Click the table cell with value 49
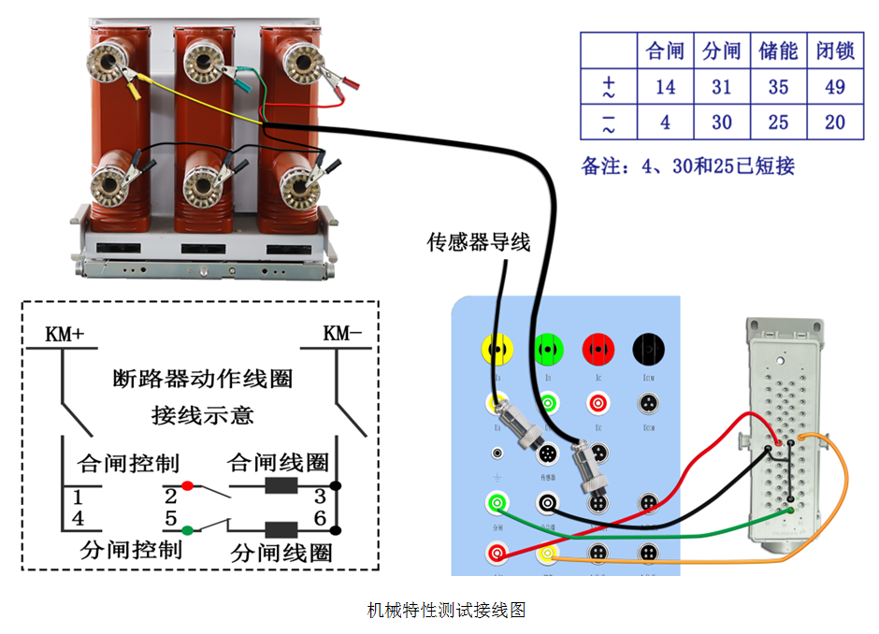835,87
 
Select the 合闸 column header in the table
665,50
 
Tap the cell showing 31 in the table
721,87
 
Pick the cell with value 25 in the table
778,122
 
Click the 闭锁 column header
835,50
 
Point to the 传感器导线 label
479,243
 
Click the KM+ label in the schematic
65,334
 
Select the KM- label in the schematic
342,334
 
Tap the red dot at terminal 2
187,486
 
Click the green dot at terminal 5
187,530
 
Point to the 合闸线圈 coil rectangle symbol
281,486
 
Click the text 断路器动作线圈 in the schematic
203,379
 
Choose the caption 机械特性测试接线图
445,611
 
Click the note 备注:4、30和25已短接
687,166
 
